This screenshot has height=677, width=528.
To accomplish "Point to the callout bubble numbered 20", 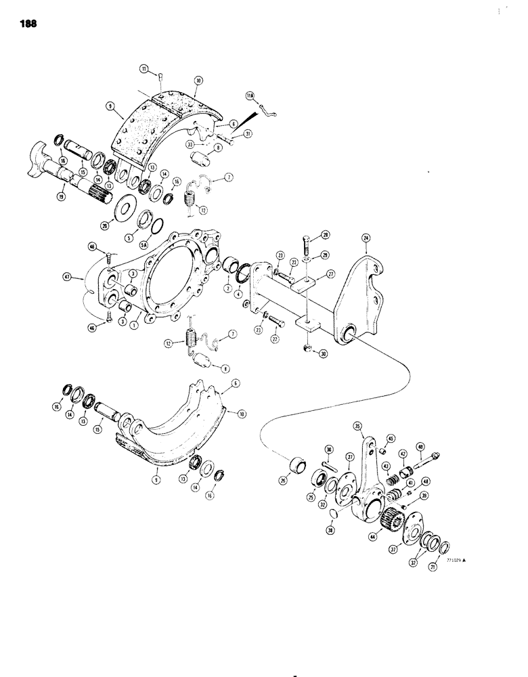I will [x=104, y=226].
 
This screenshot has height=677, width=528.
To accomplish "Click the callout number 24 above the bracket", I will [x=367, y=238].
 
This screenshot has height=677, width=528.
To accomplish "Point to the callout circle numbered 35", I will [x=359, y=427].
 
